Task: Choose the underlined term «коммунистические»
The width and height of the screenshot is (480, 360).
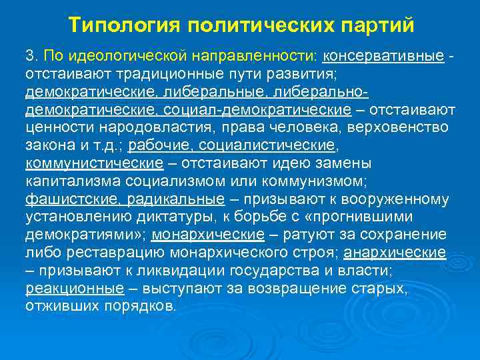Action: pos(94,163)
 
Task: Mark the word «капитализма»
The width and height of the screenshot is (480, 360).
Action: pos(65,181)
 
